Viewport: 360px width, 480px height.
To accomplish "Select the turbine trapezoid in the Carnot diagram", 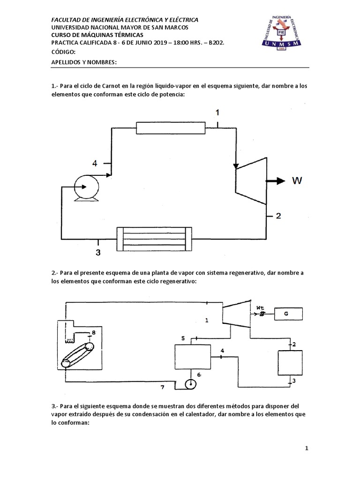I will pos(250,180).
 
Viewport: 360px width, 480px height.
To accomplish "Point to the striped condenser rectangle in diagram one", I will pos(154,235).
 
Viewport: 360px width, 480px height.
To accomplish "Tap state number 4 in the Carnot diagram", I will pos(95,163).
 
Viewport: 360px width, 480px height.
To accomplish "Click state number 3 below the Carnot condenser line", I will pos(98,253).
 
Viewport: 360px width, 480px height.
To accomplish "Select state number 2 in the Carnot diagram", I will pos(278,216).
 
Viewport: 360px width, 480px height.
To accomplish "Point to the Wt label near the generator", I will pos(260,307).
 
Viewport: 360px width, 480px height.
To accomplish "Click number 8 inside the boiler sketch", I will pos(93,332).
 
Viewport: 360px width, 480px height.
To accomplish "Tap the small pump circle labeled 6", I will pos(191,384).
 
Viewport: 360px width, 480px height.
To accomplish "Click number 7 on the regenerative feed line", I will pos(163,387).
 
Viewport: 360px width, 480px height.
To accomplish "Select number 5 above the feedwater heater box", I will pos(184,337).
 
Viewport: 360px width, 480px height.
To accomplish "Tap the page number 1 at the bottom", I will pos(307,448).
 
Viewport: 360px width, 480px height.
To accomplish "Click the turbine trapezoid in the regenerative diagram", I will pos(236,314).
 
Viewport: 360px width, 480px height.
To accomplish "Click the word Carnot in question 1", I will pos(102,86).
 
